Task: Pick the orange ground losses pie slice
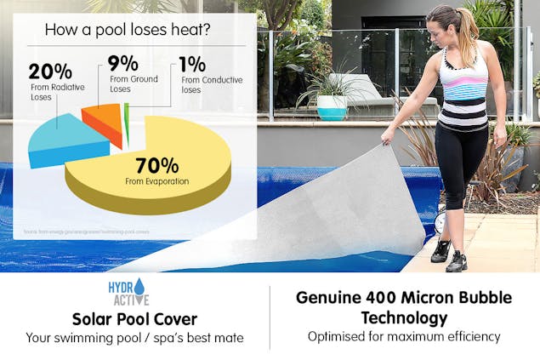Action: (x=104, y=122)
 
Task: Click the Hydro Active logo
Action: (x=128, y=292)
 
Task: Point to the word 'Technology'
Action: (x=404, y=317)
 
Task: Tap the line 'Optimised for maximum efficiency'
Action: (x=404, y=337)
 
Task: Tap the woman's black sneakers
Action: (x=448, y=255)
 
